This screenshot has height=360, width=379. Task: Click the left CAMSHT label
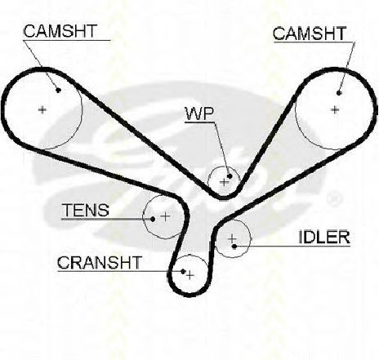tap(60, 31)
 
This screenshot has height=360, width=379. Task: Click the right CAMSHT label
tap(310, 33)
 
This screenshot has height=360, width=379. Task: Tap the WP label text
tap(199, 113)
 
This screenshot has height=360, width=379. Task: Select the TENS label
tap(86, 210)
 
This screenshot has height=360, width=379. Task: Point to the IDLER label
tap(324, 237)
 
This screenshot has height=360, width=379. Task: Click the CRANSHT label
tap(100, 263)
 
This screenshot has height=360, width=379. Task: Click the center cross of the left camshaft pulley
tap(42, 110)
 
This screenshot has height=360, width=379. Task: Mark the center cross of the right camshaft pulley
tap(335, 110)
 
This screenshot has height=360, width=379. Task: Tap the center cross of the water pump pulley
tap(224, 182)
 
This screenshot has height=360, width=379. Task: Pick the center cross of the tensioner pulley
tap(165, 216)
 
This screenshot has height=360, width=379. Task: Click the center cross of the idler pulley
tap(232, 239)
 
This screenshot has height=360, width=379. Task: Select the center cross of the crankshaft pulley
tap(190, 275)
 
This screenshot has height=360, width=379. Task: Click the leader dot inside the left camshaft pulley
tap(58, 90)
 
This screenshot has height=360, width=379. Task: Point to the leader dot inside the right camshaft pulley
tap(339, 93)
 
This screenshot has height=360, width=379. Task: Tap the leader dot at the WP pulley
tap(230, 176)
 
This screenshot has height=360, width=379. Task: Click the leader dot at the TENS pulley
tap(153, 219)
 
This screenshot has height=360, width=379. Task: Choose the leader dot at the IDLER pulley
tap(234, 247)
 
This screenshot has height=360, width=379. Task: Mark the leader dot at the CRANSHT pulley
tap(183, 271)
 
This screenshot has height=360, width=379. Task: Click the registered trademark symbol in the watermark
tap(334, 199)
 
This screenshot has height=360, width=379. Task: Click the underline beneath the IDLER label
tap(292, 247)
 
